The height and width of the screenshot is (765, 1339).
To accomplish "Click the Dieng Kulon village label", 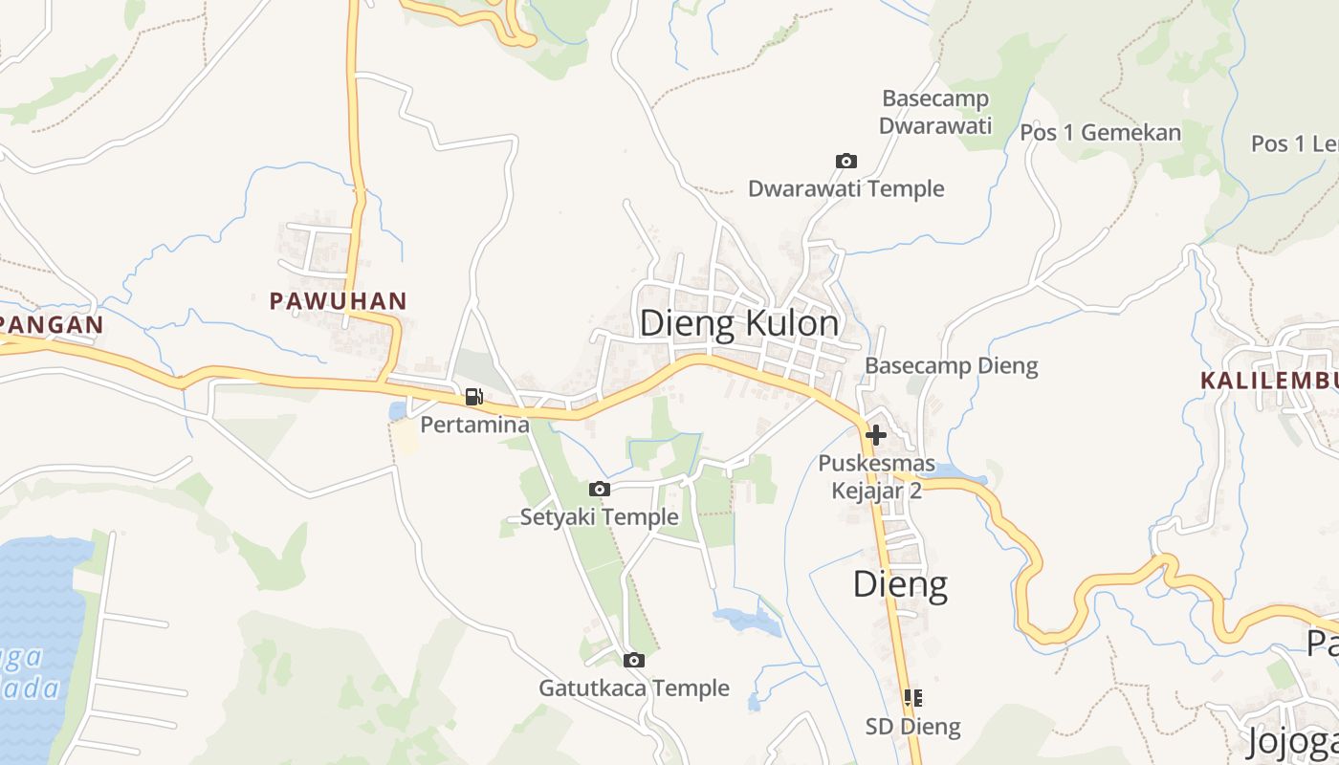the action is coord(739,324).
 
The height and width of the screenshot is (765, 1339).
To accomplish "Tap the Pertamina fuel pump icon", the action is coord(473,397).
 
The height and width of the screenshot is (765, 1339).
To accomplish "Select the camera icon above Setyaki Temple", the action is coord(600,490).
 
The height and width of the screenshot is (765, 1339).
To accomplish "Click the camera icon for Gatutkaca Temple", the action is coord(633,660).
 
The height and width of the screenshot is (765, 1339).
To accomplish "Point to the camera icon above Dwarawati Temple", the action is coord(846,161).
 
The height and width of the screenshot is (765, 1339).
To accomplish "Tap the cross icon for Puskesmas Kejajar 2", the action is coord(875,435).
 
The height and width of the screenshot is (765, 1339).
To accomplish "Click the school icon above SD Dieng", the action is coord(913,698).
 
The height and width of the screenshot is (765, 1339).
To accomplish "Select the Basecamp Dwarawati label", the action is coord(935,112).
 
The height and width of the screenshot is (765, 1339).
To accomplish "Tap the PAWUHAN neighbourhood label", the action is coord(339,301).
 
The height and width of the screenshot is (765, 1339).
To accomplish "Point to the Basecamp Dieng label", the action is coord(951,365).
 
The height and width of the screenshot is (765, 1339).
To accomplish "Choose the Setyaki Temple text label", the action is coord(600,517).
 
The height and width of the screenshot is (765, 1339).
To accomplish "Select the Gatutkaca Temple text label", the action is coord(634,688).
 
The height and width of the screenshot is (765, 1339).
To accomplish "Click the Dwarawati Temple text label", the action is coord(846,188).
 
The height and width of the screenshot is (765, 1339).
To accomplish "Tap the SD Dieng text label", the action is coord(913,727).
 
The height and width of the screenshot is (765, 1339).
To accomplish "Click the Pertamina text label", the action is coord(475,425).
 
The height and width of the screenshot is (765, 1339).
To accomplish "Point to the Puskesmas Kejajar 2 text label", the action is coord(876,477).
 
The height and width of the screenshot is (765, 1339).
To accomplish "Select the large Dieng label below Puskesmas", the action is coord(900,583).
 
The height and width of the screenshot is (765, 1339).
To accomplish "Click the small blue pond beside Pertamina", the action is coord(398,411).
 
